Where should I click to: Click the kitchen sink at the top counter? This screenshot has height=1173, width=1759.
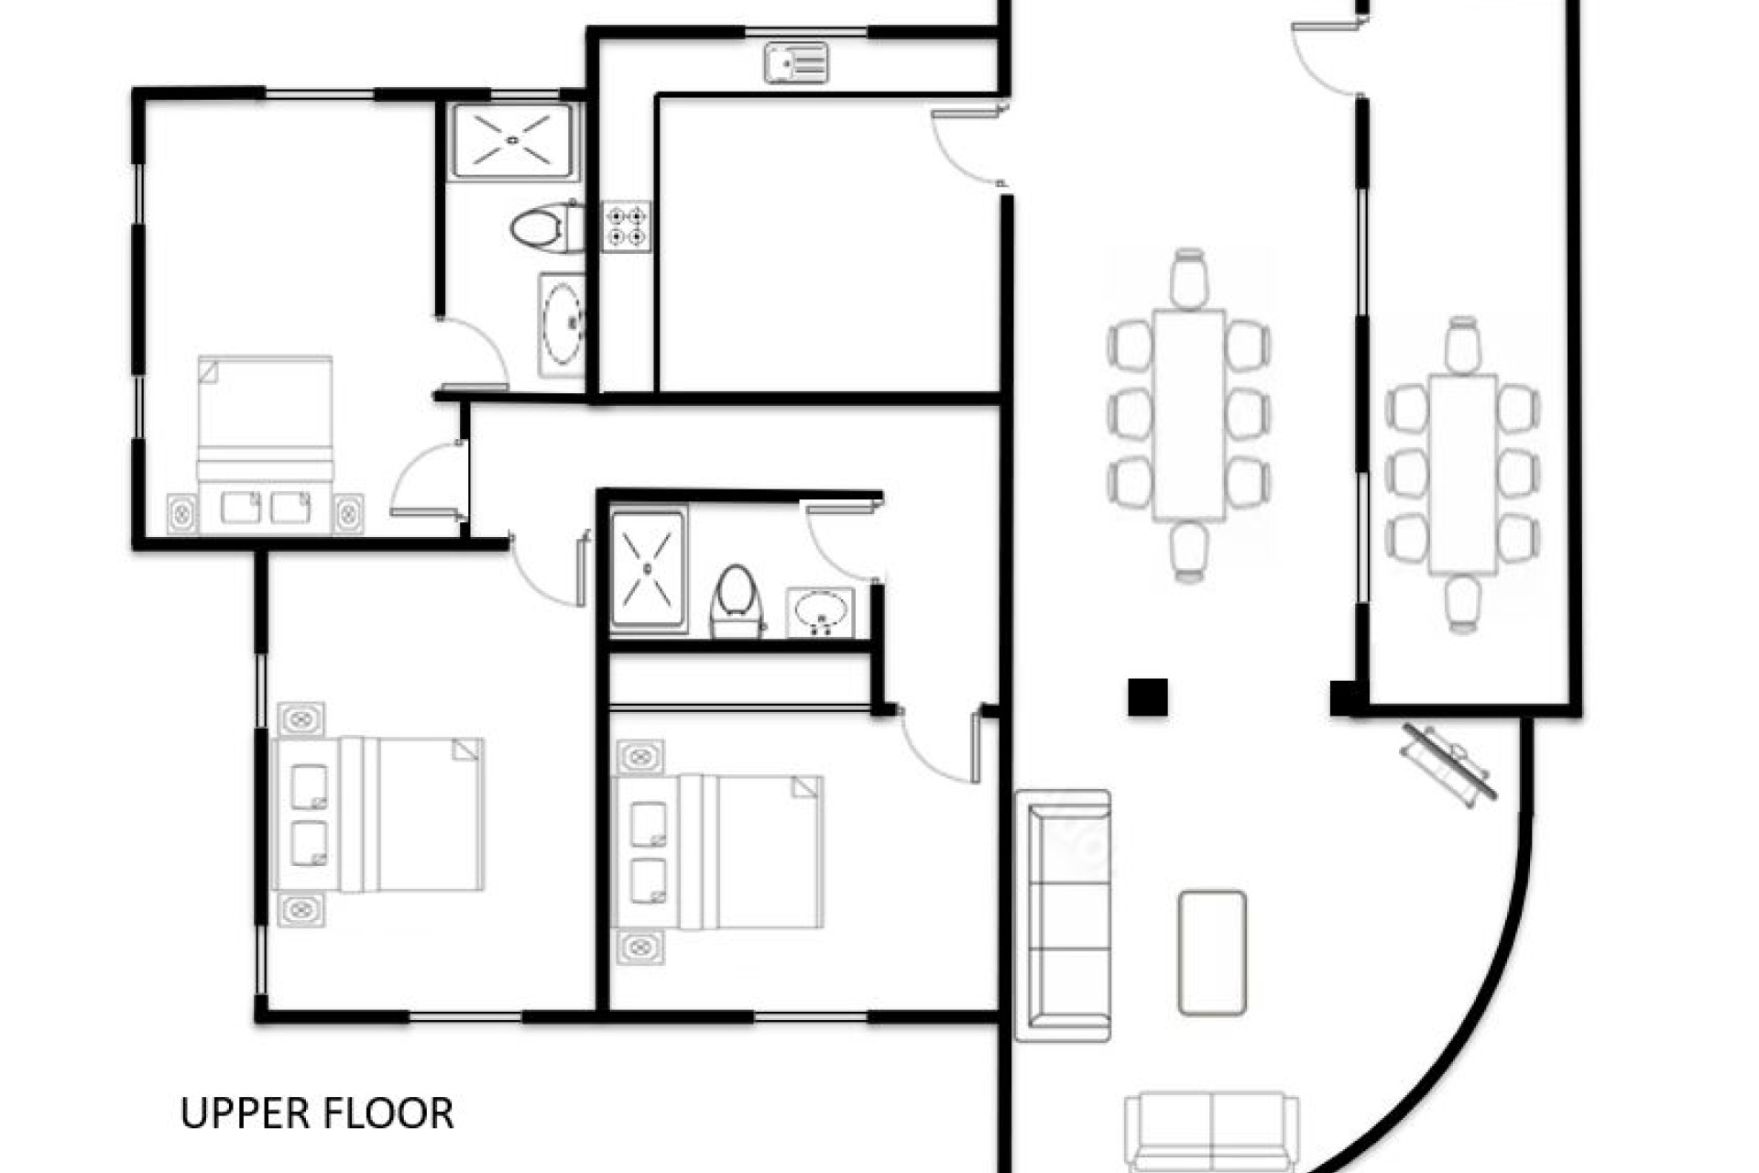796,63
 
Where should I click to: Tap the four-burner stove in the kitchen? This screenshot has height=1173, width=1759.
627,226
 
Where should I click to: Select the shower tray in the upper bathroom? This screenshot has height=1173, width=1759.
513,140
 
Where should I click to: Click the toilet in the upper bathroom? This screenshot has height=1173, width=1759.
544,227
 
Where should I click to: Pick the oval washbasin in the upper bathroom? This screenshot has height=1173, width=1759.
562,323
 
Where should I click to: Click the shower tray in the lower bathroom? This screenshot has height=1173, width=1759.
648,570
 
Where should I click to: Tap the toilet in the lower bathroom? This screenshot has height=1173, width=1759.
737,601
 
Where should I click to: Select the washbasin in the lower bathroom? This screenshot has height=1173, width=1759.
820,611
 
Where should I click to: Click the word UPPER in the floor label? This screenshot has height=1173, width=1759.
244,1113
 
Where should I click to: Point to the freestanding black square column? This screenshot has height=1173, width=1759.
1147,697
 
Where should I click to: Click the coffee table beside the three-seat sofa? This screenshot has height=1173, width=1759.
1211,952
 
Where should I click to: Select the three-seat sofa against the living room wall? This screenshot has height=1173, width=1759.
1064,915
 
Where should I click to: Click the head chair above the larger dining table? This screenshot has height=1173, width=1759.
1189,279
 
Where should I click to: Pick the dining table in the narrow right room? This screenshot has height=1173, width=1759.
1463,473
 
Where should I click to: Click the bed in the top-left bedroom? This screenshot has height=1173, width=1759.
266,444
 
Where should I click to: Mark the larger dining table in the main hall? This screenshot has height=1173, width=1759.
1189,414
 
